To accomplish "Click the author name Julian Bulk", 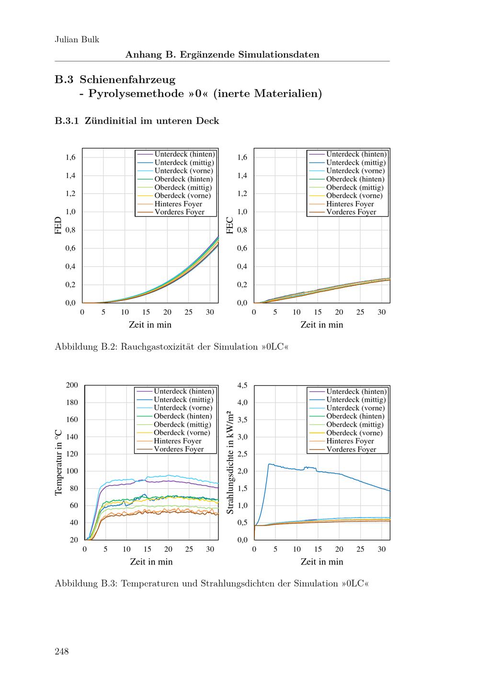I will coord(77,40).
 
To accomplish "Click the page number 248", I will coord(62,651).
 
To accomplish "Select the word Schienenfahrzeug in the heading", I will coord(127,79).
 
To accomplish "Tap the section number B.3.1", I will coord(67,121).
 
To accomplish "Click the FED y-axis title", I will coord(58,226).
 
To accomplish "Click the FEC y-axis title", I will coord(230,226).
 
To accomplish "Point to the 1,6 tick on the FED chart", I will coord(70,158).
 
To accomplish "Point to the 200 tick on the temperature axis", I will coord(72,385).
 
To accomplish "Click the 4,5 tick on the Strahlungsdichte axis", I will coord(242,385).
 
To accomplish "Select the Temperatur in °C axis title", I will coord(59,462).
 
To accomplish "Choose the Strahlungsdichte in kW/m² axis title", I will coord(230,462).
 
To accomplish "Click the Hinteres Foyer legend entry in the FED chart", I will coord(178,204).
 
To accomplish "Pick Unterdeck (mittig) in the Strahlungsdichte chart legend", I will coord(356,400).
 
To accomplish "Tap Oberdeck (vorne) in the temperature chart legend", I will coord(181,433).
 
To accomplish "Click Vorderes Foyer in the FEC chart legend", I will coord(351,212).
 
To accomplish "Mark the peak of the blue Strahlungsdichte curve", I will coord(270,463).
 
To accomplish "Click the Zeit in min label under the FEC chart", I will coord(321,325).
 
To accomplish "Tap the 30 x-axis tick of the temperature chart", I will coord(210,549).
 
